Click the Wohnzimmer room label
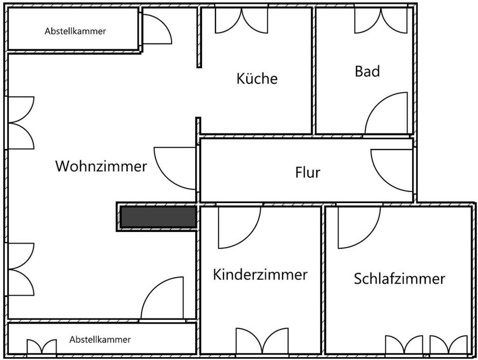101,166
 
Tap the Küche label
257,79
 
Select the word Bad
367,71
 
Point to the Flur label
308,173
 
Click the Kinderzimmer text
260,274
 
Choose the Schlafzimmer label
399,278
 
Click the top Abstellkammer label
75,31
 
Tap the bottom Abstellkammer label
100,340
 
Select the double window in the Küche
241,20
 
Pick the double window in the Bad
381,20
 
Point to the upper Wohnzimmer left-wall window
21,122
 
